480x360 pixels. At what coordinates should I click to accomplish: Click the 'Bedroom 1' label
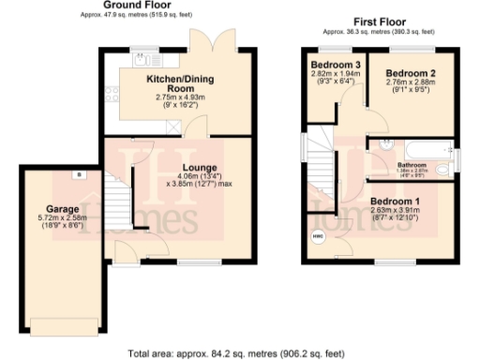[x=394, y=201]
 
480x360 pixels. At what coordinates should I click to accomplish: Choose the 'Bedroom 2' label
[x=412, y=72]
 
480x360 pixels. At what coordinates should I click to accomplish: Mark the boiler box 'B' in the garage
[x=80, y=175]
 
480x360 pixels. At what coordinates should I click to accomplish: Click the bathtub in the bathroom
[x=418, y=150]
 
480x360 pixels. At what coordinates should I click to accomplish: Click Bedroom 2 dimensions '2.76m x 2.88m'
[x=412, y=82]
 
